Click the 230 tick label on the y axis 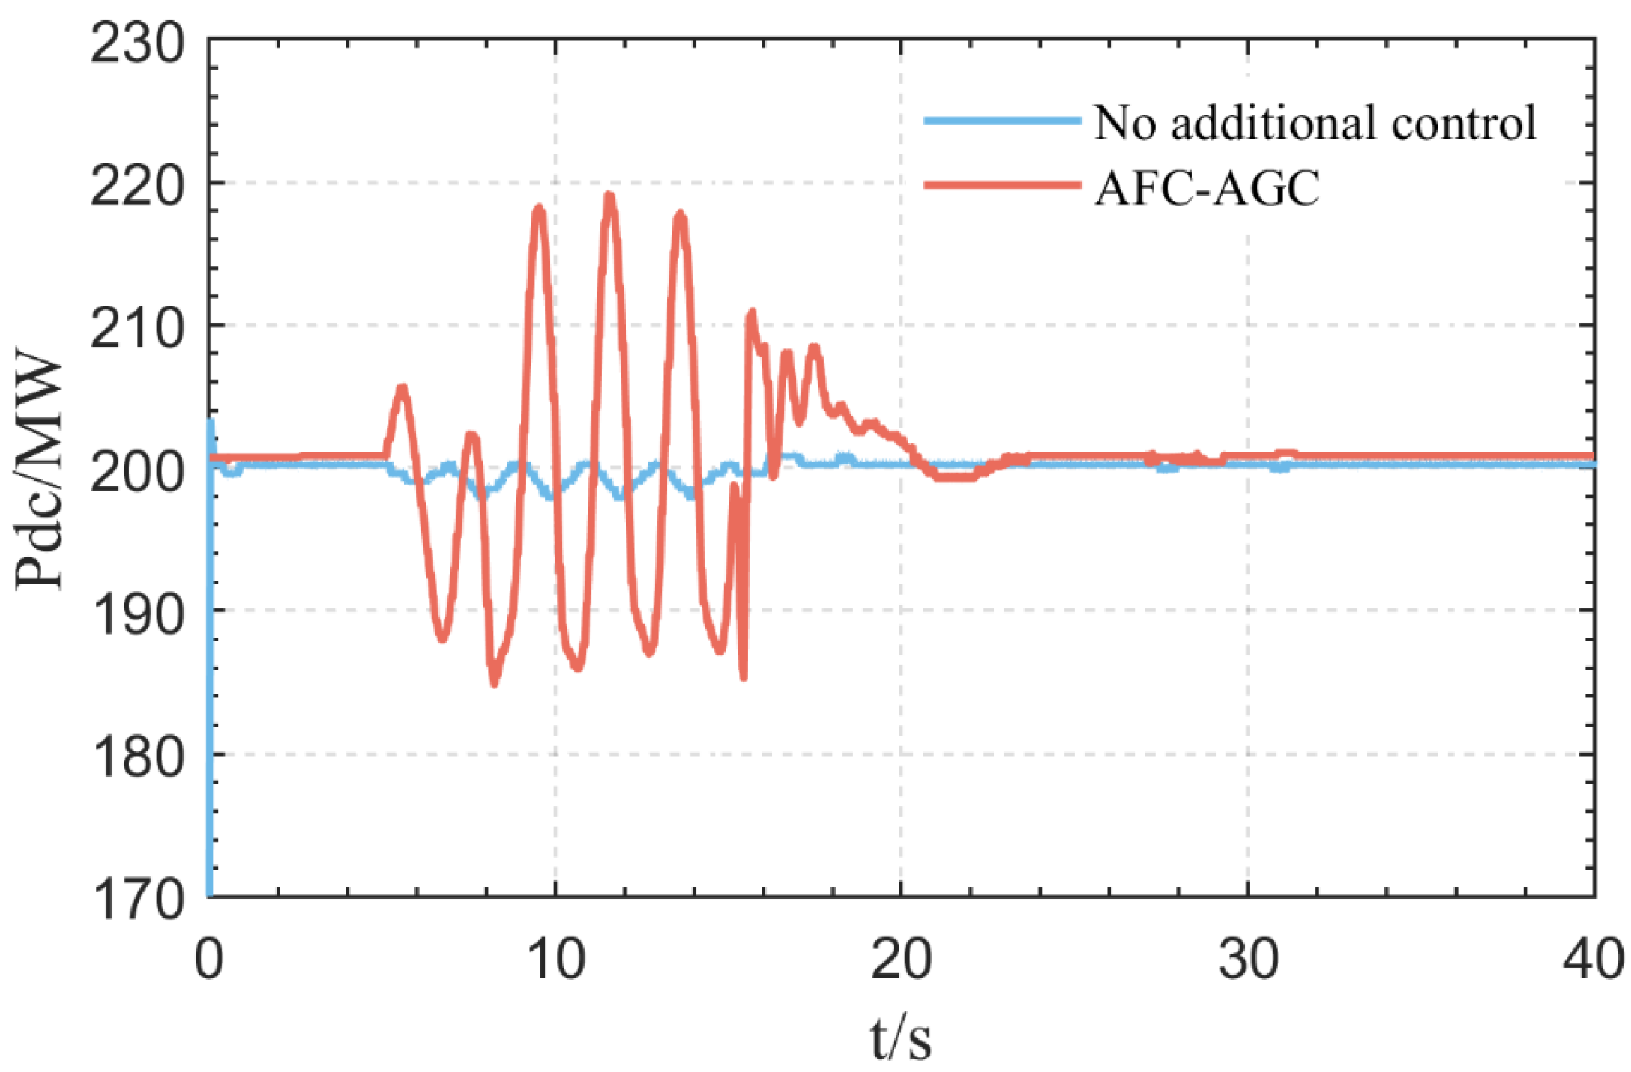tap(137, 43)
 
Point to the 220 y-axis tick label tap(137, 185)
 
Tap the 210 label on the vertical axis tap(137, 328)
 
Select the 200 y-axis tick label tap(137, 471)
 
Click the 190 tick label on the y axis tap(137, 614)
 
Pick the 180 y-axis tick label tap(137, 757)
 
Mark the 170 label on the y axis tap(137, 898)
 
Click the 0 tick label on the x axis tap(208, 958)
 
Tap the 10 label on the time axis tap(555, 958)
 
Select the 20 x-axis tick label tap(901, 958)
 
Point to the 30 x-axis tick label tap(1248, 958)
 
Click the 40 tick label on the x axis tap(1592, 958)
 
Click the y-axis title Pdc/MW tap(39, 469)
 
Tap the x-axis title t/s tap(901, 1038)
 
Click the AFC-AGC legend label tap(1207, 187)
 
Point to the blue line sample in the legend tap(1002, 120)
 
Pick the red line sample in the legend tap(1002, 184)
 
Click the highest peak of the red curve tap(609, 196)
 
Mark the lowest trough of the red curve tap(495, 682)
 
